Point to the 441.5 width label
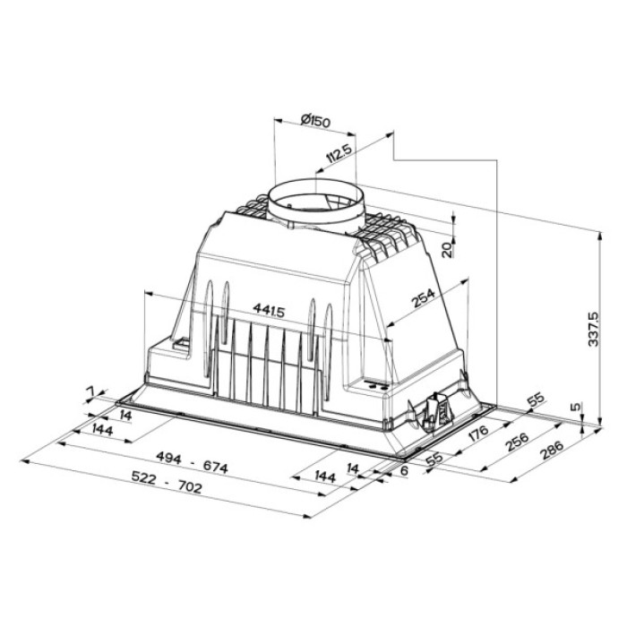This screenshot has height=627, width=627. coord(269,310)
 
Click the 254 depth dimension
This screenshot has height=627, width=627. coord(424,301)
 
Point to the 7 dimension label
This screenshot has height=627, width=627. coord(90,391)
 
